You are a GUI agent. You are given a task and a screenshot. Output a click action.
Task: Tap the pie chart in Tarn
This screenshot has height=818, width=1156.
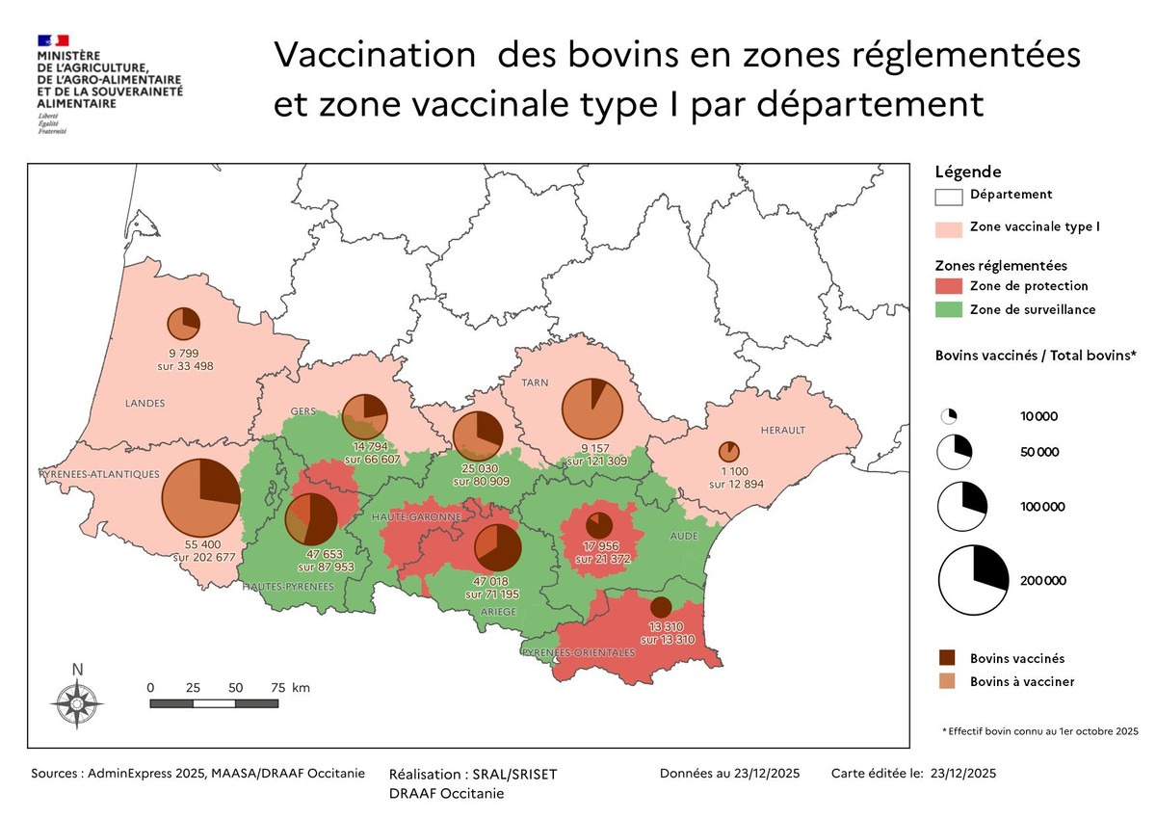point(592,409)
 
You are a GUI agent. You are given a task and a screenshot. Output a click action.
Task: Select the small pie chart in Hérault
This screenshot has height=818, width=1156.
point(729,451)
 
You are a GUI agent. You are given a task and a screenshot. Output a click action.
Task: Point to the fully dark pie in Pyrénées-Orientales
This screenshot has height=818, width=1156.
point(661,607)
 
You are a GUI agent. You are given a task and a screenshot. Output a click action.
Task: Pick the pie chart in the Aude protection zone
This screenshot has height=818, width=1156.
point(599,526)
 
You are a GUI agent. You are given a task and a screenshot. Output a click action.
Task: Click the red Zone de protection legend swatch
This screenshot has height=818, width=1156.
point(949,286)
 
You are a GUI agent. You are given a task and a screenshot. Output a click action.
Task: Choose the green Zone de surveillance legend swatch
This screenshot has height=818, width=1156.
point(949,310)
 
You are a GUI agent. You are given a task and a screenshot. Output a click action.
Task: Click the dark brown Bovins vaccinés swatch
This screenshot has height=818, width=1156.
point(949,659)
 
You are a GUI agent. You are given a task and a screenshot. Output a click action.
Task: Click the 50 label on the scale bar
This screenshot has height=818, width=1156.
point(235,688)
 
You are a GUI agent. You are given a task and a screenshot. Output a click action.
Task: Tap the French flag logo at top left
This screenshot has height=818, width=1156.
point(53,40)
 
